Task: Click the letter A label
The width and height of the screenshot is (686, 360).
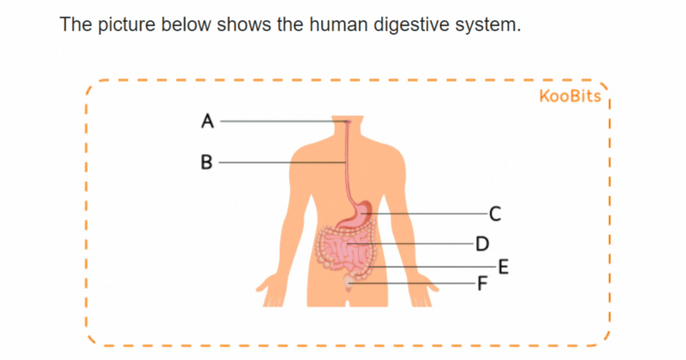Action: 208,121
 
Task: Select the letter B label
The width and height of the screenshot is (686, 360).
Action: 206,162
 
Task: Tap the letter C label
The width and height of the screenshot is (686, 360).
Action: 495,214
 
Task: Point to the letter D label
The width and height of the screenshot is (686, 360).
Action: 482,244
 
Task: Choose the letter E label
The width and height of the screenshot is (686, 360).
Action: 504,267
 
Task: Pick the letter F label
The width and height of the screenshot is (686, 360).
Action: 482,283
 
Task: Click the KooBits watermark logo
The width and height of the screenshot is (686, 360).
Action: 570,96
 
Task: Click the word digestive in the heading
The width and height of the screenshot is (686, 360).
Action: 411,24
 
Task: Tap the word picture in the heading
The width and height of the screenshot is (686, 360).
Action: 127,24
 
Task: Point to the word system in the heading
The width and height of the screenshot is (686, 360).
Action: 488,25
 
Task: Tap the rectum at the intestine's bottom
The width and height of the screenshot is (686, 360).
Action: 348,283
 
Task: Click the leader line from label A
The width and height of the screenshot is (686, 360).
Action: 284,121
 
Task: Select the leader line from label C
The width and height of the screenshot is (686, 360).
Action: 424,213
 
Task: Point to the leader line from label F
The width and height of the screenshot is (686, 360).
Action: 412,283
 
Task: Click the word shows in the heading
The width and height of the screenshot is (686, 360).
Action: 244,24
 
